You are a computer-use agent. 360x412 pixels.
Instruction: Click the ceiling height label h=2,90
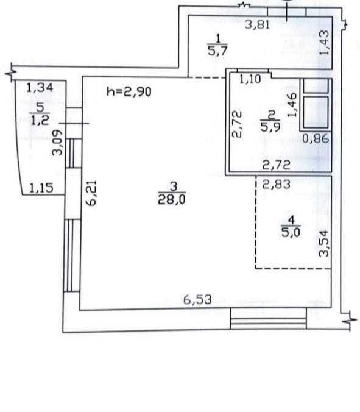click(x=129, y=91)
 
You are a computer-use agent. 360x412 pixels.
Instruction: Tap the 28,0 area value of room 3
click(x=172, y=199)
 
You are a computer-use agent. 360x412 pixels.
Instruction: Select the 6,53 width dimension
click(x=197, y=299)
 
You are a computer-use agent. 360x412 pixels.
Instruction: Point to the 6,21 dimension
click(x=92, y=193)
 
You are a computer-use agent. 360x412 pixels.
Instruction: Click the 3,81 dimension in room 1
click(x=257, y=25)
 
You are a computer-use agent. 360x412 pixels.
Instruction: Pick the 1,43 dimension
click(x=325, y=42)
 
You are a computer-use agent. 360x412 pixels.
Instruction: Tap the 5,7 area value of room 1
click(x=217, y=51)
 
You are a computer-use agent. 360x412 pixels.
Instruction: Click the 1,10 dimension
click(x=250, y=79)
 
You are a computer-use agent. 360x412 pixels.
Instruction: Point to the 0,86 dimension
click(x=316, y=138)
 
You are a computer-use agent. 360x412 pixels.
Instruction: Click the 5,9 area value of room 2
click(x=270, y=127)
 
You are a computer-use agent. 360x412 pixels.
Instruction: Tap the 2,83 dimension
click(x=277, y=184)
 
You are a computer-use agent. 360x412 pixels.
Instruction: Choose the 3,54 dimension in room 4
click(x=323, y=243)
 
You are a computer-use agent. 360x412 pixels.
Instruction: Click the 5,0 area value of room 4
click(x=291, y=233)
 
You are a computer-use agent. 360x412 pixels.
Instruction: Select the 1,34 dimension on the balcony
click(x=40, y=88)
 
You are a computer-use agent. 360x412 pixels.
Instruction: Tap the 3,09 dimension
click(x=57, y=143)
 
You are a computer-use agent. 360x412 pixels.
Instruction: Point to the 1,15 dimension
click(x=41, y=188)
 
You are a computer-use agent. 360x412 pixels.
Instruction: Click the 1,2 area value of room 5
click(x=40, y=121)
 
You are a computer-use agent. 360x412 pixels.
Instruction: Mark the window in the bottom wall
click(x=268, y=319)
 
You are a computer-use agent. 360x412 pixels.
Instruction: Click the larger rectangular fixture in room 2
click(x=316, y=112)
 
